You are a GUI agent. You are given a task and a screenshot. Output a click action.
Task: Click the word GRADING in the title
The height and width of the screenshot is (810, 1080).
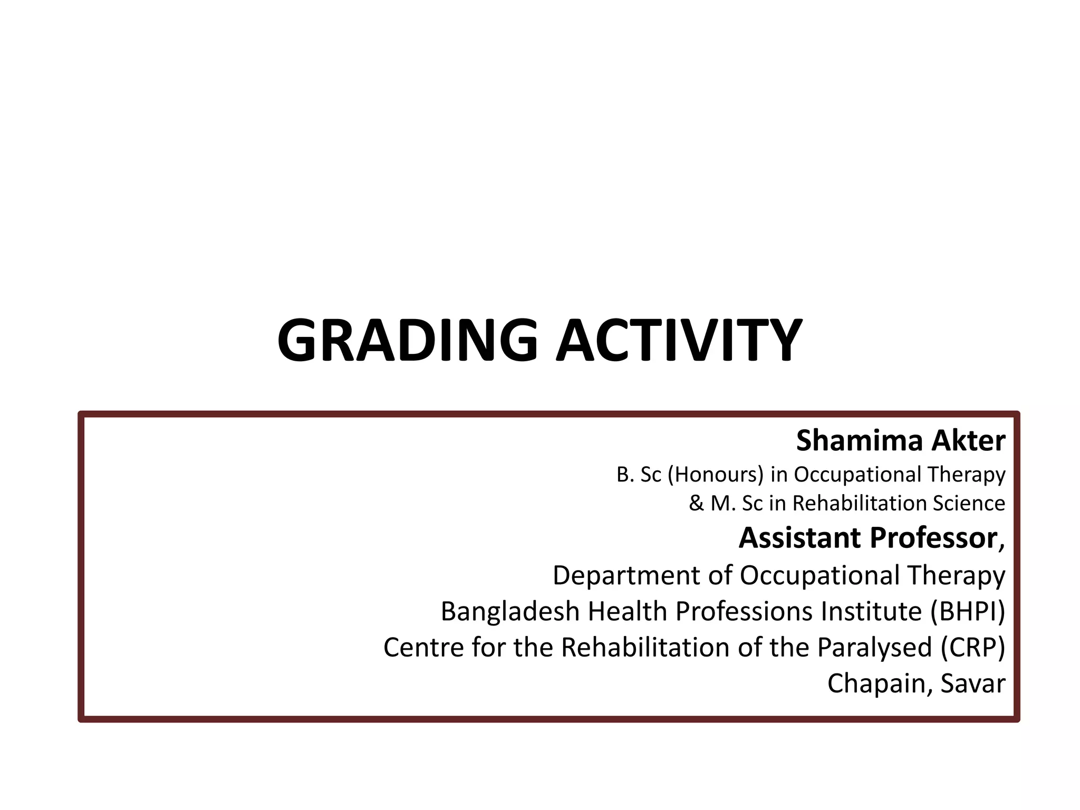[407, 340]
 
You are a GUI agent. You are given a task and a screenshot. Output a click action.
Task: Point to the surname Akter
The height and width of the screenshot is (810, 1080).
[968, 441]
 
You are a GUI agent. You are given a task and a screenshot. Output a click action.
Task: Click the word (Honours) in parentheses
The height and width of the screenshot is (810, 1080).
[716, 475]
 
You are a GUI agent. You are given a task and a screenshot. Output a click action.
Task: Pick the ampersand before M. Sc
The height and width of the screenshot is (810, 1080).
[696, 503]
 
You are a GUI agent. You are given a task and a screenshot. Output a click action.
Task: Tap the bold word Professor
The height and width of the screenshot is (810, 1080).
[933, 538]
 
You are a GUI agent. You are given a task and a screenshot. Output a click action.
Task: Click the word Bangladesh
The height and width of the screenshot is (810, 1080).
[509, 612]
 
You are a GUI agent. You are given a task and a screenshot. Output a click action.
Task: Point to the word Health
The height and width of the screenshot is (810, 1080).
[628, 612]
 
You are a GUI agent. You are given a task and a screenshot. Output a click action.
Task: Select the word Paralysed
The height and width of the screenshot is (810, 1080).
[875, 648]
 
